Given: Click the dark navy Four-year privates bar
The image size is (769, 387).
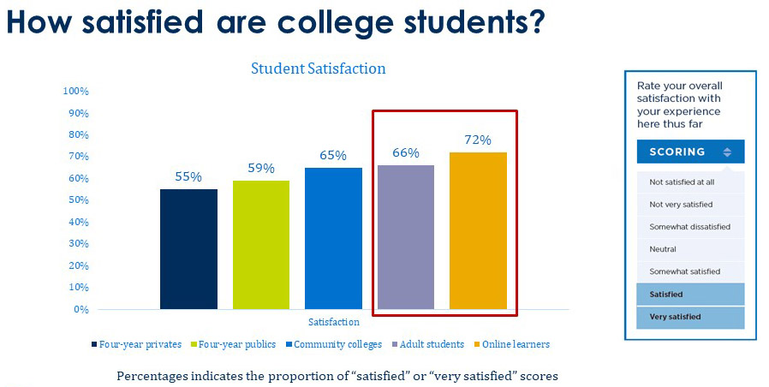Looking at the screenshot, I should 188,249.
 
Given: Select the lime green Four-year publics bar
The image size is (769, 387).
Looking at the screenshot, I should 261,245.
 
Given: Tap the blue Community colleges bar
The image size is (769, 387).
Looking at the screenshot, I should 333,238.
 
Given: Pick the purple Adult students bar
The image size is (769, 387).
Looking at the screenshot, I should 406,237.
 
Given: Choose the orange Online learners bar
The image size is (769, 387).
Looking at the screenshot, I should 478,230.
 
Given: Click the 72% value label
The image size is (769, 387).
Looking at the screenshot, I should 478,140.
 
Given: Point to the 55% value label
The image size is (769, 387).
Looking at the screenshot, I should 188,176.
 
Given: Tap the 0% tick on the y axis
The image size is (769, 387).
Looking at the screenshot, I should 81,309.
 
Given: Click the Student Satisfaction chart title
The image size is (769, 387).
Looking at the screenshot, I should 318,68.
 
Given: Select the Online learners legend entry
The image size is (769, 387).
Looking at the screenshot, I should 515,344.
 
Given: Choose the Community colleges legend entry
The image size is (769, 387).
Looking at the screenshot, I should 335,344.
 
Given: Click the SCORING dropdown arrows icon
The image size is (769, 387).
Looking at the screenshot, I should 727,152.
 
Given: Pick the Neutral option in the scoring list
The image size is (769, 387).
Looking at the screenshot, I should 663,249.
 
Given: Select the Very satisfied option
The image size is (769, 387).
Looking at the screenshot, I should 676,317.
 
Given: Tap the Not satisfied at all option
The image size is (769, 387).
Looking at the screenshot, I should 682,182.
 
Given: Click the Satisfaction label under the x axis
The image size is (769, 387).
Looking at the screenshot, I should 334,322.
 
